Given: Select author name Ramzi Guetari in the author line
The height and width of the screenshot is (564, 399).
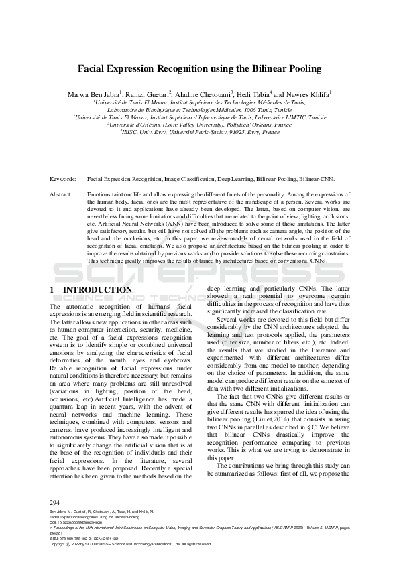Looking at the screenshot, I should tap(147, 94).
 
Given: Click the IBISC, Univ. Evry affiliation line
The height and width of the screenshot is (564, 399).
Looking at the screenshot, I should tap(200, 132).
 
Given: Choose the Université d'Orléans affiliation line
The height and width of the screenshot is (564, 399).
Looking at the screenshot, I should tap(200, 124).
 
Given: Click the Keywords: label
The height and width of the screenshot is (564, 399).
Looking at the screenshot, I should tap(64, 180).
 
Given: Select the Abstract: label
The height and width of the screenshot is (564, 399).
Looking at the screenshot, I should tap(62, 193).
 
